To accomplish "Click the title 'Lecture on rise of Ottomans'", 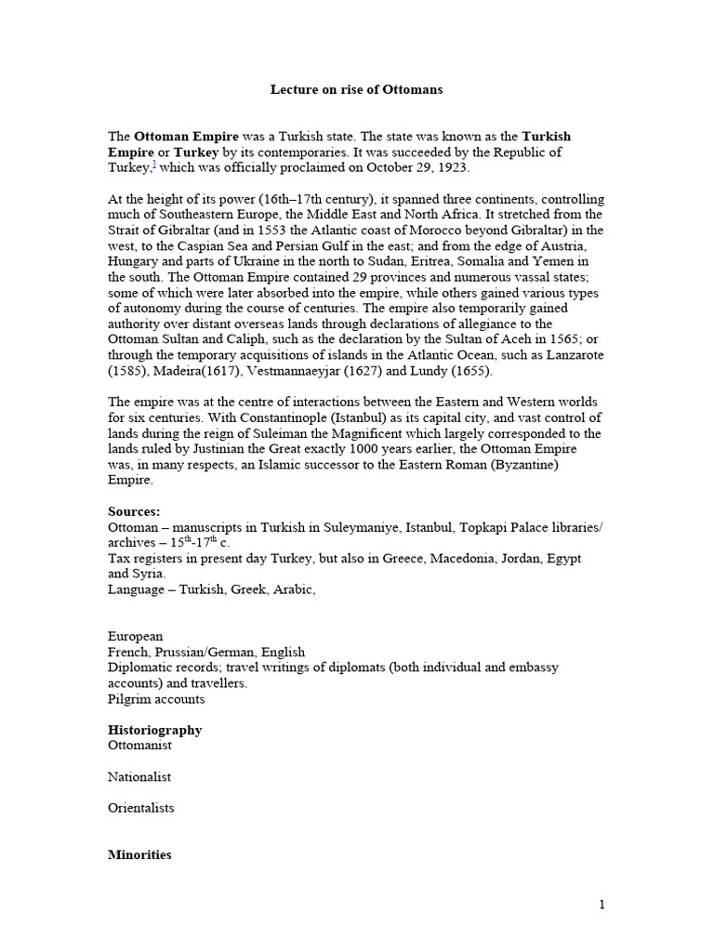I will [356, 90].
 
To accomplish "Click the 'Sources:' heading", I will [134, 511].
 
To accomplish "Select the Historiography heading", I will [155, 730].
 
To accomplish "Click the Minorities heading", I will [139, 854].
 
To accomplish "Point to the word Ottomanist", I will [139, 746].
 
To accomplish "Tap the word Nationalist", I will [139, 776].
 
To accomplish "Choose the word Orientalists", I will [141, 808].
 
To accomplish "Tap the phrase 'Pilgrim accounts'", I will [156, 698].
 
